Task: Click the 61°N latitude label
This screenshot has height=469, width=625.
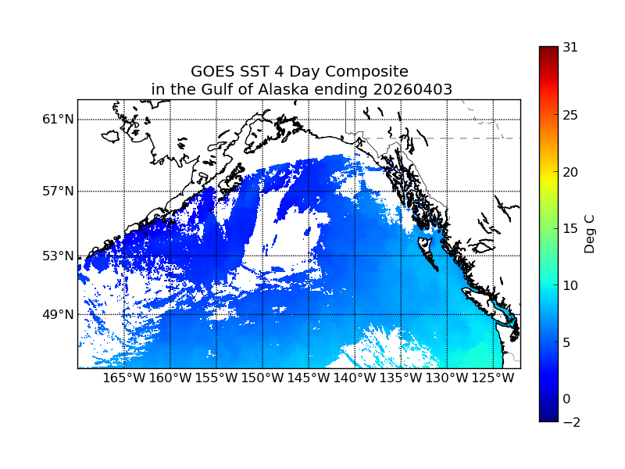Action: click(x=59, y=120)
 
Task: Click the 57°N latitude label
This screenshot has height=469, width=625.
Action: click(x=59, y=192)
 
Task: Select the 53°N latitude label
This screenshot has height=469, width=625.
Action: click(x=59, y=256)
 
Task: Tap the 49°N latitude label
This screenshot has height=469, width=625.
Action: click(x=59, y=315)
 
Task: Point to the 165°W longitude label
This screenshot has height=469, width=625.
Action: click(x=124, y=379)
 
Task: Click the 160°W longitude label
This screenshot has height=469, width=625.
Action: click(x=170, y=379)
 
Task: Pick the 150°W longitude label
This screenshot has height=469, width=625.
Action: click(x=262, y=379)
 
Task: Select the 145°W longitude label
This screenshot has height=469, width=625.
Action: click(x=309, y=379)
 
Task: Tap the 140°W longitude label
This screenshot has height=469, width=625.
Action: click(x=355, y=379)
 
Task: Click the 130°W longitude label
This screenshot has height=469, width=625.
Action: click(x=447, y=379)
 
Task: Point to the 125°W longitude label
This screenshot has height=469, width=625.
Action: click(x=493, y=379)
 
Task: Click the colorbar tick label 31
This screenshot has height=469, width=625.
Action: click(x=570, y=47)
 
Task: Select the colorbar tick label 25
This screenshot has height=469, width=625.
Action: click(x=570, y=116)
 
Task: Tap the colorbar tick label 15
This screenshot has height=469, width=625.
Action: click(x=570, y=229)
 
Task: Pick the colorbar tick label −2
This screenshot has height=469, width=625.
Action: click(x=570, y=422)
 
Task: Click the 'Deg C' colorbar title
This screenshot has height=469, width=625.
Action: click(x=591, y=234)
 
